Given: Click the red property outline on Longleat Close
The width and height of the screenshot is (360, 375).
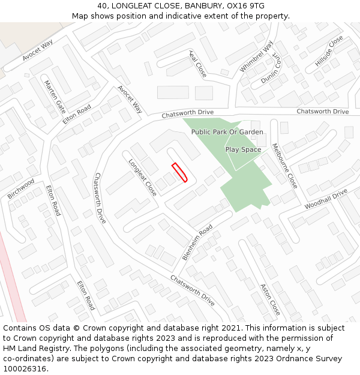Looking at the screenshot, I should (180, 172).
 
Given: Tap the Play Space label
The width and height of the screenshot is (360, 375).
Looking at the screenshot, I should (243, 149).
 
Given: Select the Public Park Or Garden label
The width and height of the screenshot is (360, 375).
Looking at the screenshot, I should (227, 131).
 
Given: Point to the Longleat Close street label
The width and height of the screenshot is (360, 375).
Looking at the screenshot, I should (143, 177).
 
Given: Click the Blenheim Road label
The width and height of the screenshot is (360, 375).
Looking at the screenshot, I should (197, 242).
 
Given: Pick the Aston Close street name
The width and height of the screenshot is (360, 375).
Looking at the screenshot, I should (270, 299).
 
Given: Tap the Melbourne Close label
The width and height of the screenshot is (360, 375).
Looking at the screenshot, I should (284, 165).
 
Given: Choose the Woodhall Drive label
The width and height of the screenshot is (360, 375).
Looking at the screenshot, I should (326, 199).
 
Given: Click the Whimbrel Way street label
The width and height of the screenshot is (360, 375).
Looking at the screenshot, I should (256, 56).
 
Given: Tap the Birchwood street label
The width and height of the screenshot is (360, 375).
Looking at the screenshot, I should (21, 188).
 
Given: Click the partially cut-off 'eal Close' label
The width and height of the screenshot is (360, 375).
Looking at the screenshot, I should (198, 64).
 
